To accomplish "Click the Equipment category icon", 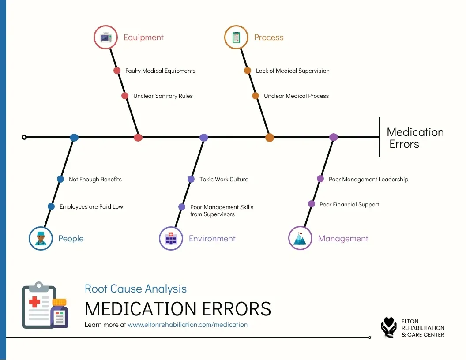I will coord(106,37).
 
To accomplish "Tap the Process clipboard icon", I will coord(236,37).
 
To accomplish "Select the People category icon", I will coord(41,239).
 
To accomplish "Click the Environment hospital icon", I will coord(171,239).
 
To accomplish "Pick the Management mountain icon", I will coord(300,239).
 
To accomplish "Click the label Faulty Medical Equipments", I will coord(160,71).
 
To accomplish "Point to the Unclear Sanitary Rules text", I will coord(163,96).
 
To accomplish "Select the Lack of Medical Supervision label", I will coord(293,71).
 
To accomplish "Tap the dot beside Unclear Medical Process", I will coord(256,96).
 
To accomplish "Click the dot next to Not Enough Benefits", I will coord(60,179).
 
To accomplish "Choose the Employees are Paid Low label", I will coord(91,206).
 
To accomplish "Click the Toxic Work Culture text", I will coord(224,179).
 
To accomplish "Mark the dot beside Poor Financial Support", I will coord(312,204).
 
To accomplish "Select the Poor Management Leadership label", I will coord(368,179).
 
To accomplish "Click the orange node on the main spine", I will coord(270,138).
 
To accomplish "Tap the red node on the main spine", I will coord(138,138).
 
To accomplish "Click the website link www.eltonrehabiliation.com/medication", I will coord(188,325).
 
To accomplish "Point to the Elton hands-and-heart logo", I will coord(389,328).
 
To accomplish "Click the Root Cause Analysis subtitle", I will coord(135,289).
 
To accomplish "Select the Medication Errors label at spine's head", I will coord(414,138).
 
